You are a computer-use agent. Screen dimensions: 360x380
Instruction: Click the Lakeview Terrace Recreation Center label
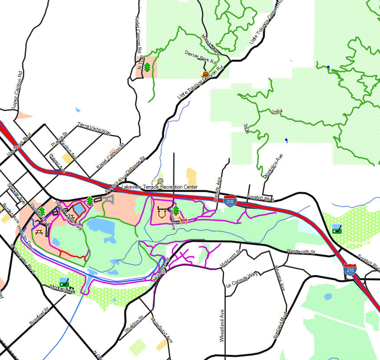click(x=159, y=187)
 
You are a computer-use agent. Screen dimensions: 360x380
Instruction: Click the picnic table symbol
click(x=39, y=232)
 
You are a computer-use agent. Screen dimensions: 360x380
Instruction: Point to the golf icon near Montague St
click(x=64, y=282)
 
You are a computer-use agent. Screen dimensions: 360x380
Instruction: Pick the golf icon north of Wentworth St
click(x=337, y=229)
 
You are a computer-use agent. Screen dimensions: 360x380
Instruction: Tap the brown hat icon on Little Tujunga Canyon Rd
click(x=206, y=74)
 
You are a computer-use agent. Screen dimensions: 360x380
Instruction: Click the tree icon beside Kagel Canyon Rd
click(x=147, y=67)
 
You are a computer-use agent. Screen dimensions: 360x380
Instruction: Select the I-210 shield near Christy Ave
click(x=230, y=201)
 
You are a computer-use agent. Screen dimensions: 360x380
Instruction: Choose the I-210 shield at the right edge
click(x=350, y=269)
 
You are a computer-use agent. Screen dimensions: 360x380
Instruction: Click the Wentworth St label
click(x=300, y=252)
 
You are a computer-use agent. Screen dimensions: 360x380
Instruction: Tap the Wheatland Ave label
click(x=222, y=325)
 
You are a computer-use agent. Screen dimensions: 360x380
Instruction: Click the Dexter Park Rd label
click(x=200, y=57)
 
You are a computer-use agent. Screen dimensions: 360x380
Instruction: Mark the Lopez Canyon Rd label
click(x=17, y=90)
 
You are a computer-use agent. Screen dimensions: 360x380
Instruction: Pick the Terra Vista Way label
click(x=94, y=129)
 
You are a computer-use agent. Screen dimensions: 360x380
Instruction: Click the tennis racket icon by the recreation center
click(x=160, y=181)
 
